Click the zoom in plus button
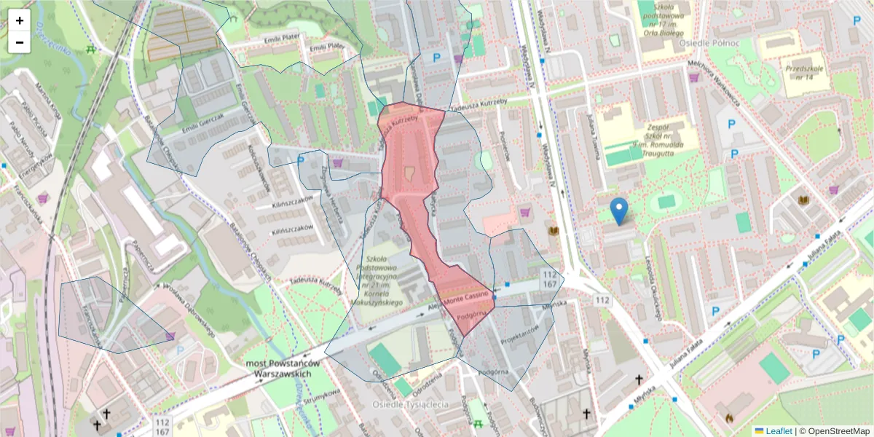point(20,20)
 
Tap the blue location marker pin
point(619,210)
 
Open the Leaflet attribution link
point(778,431)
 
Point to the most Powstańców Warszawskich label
point(283,369)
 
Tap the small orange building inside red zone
point(409,173)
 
